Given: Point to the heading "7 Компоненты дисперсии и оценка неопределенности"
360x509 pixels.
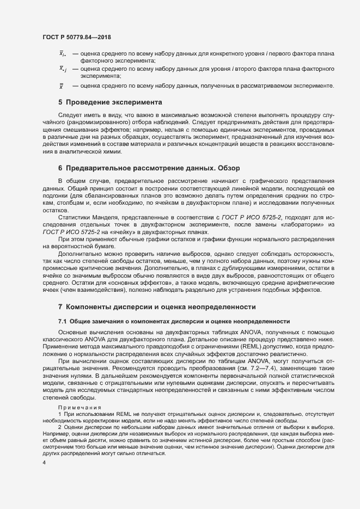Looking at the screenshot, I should tap(157, 306).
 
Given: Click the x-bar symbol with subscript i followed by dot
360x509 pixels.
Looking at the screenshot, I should tap(62, 54).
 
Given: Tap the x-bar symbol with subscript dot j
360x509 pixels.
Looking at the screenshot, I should tap(63, 69).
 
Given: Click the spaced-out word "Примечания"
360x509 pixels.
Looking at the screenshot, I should tap(80, 407).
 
